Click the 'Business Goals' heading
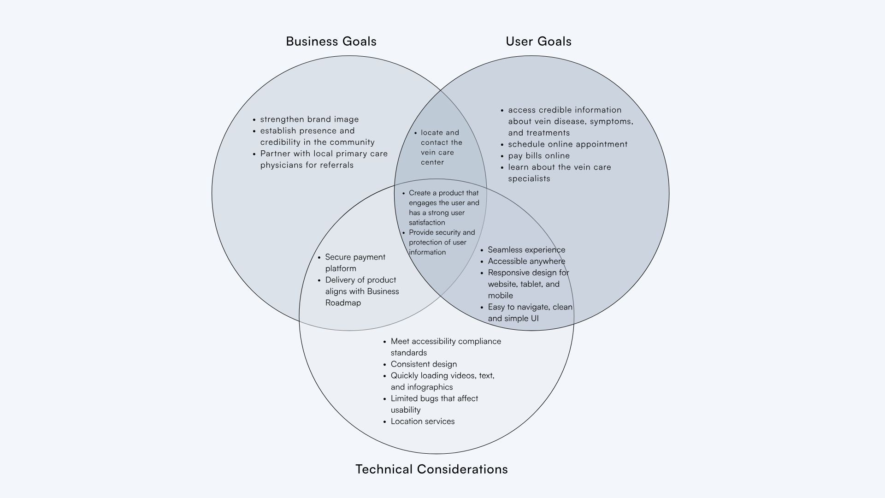(x=331, y=41)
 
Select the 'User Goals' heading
(x=538, y=41)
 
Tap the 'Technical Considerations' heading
(x=431, y=469)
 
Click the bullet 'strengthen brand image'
(x=309, y=119)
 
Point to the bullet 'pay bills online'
(x=539, y=156)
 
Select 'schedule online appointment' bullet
(x=567, y=144)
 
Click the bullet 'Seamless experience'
(x=526, y=250)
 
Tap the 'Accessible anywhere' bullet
(x=526, y=261)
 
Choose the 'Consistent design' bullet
(x=424, y=364)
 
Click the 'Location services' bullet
(x=423, y=421)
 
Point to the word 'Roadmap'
(x=343, y=303)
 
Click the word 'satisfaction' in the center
(x=427, y=223)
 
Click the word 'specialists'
(x=529, y=179)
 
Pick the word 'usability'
(x=406, y=410)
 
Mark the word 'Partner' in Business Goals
(x=275, y=154)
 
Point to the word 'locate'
(x=432, y=133)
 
